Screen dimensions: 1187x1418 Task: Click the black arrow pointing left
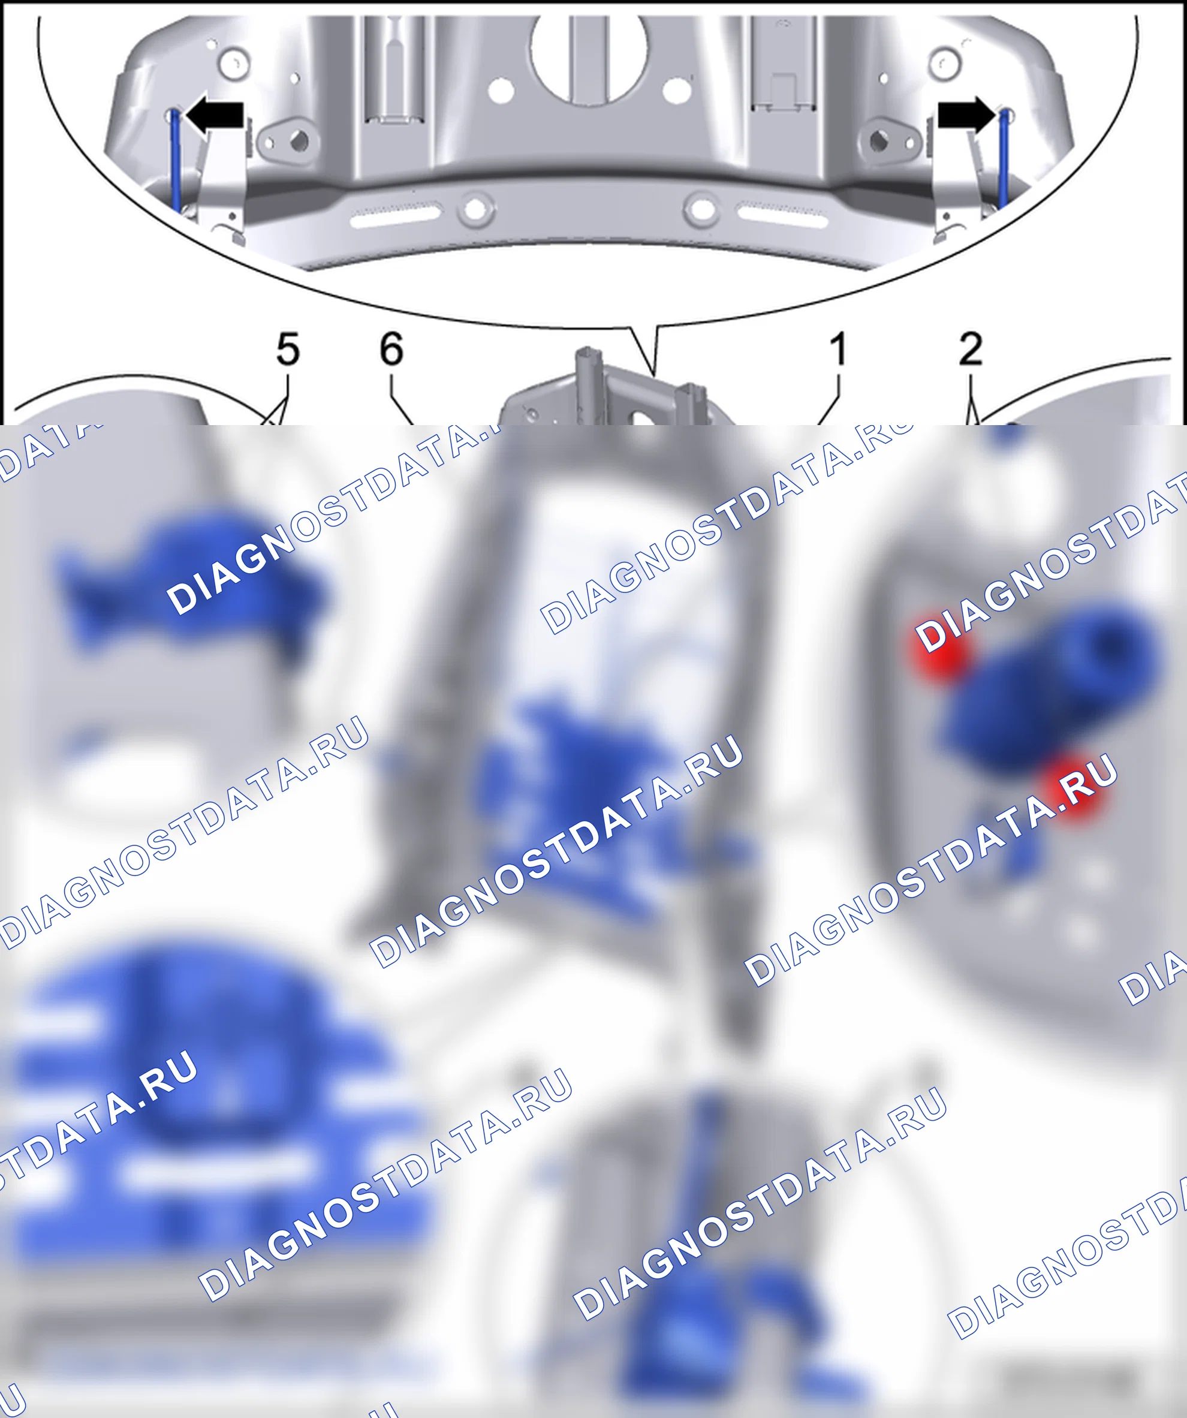click(214, 116)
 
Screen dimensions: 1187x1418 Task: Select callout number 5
click(288, 350)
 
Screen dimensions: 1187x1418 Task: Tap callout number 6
click(391, 349)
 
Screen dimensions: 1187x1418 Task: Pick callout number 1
click(838, 349)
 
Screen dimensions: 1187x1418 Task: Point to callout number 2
click(970, 349)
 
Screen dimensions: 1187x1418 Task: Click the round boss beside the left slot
click(475, 209)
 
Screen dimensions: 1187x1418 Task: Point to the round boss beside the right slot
click(702, 208)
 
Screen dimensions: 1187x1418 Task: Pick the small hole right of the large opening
click(675, 90)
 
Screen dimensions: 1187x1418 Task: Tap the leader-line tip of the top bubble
click(653, 374)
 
